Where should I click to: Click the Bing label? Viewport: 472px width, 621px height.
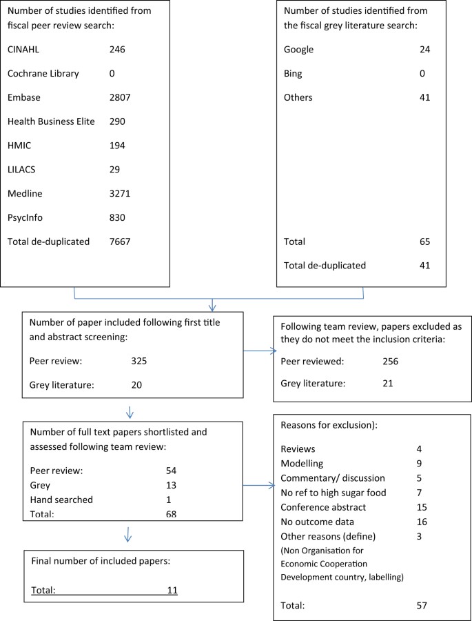[x=294, y=73]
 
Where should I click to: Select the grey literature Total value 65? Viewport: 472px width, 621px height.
[x=424, y=241]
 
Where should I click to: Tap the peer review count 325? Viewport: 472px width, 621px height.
[x=139, y=359]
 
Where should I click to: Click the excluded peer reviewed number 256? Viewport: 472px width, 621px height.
[x=391, y=359]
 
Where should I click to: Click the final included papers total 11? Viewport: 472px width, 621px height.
[x=172, y=590]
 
